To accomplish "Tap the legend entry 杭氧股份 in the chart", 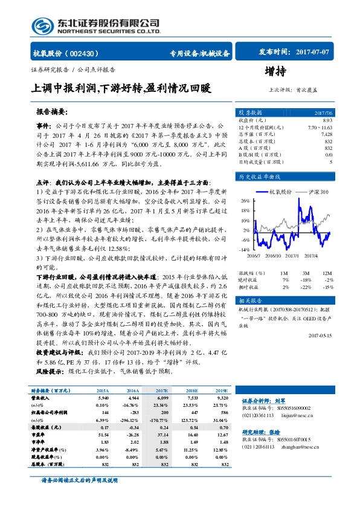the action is tap(280, 192).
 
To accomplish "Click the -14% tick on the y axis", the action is tap(244, 249).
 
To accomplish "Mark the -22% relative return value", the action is tap(307, 287).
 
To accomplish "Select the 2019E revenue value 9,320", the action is tap(222, 399).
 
